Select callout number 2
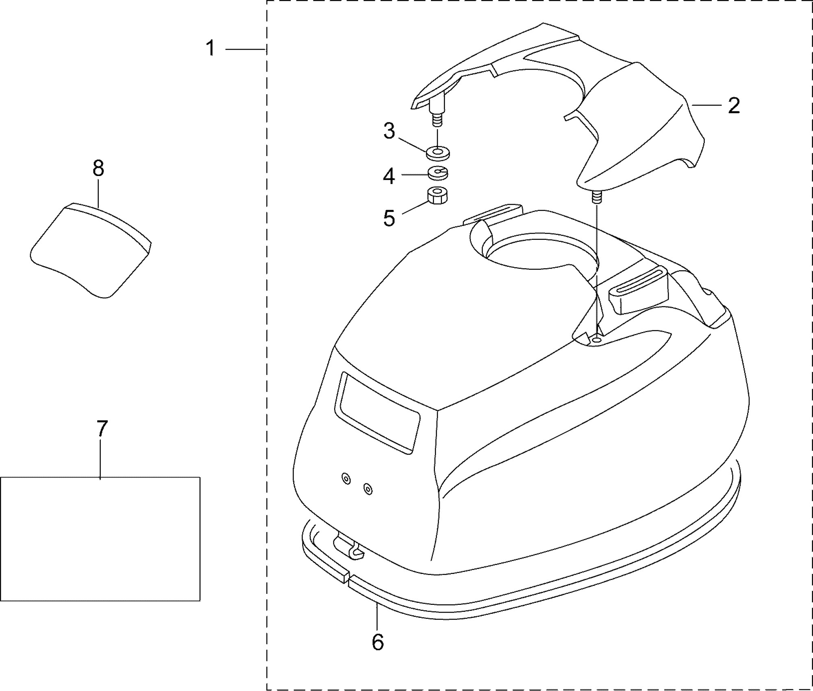coord(733,106)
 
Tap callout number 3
coord(389,131)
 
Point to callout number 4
coord(389,176)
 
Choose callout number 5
coord(389,218)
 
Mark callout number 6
coord(378,642)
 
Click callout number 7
coord(102,428)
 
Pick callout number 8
coord(98,168)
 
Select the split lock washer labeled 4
coord(438,174)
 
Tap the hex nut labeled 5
coord(438,195)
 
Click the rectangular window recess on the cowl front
coord(377,412)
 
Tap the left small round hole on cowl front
coord(346,479)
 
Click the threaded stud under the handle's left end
coord(436,118)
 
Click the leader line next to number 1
coord(245,49)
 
